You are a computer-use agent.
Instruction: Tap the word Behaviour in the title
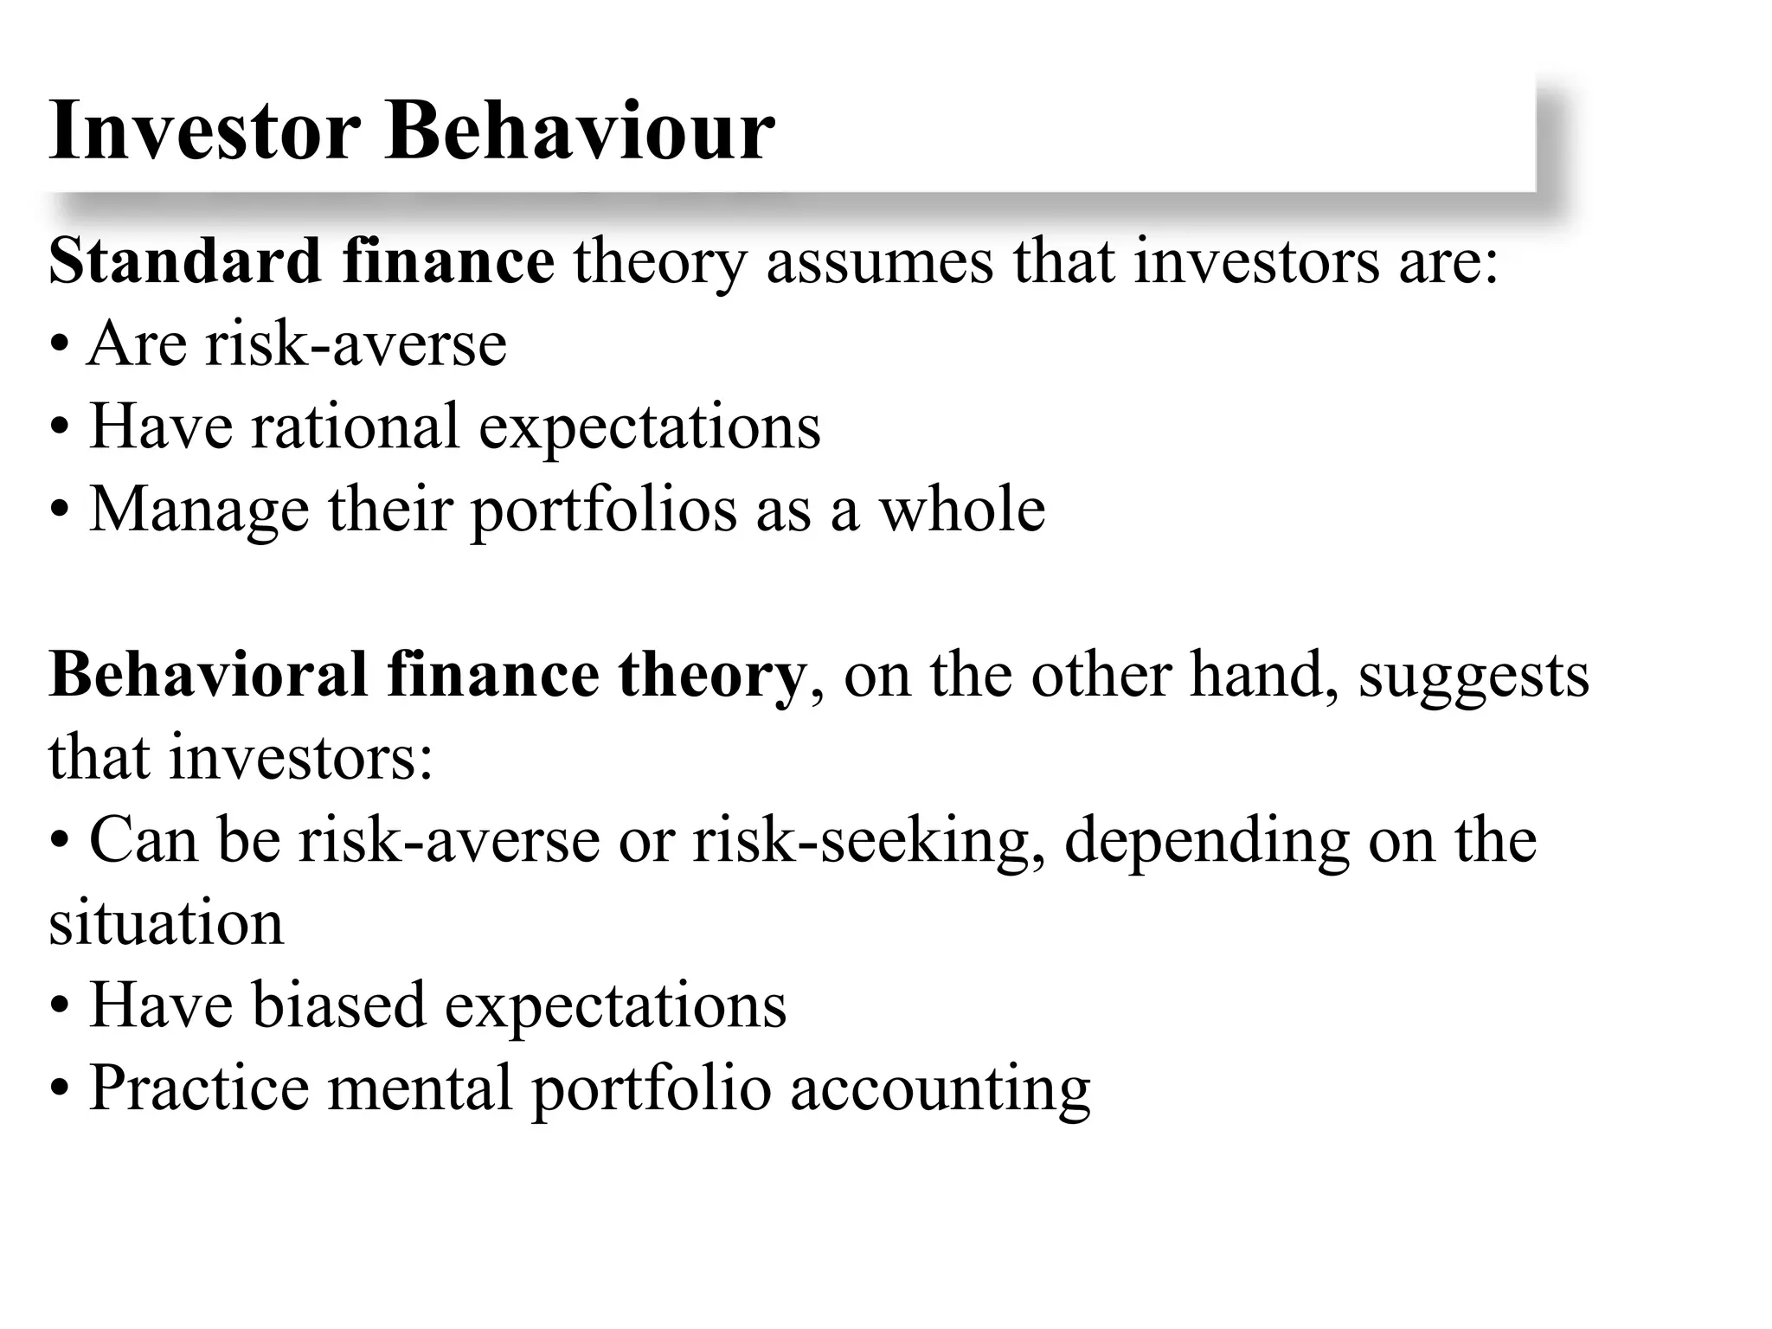point(580,132)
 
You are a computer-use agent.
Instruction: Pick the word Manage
point(199,510)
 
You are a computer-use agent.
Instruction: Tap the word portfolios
point(603,510)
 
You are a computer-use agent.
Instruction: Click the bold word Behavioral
point(209,674)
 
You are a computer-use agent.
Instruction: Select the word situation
point(166,923)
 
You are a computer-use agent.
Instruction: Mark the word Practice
point(199,1088)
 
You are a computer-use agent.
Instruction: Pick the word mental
point(421,1088)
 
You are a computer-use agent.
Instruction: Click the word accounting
point(940,1089)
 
